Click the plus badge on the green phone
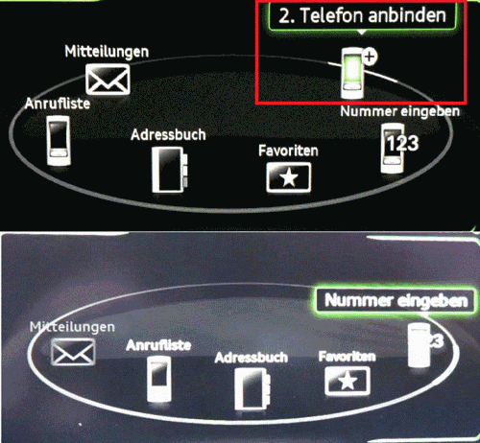(371, 57)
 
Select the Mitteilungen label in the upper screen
(108, 50)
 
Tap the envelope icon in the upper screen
(107, 77)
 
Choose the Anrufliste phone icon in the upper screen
(60, 140)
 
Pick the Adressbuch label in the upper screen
(168, 134)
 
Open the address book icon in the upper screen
(168, 169)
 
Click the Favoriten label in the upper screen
(288, 151)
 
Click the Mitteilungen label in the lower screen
(65, 327)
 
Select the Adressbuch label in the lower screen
(252, 357)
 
